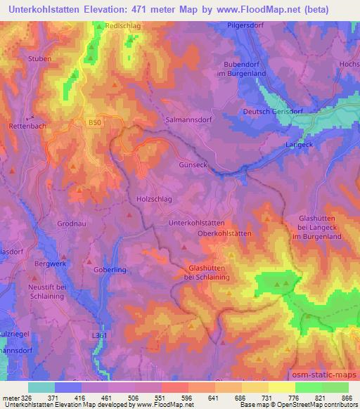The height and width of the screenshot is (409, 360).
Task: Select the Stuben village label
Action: tap(40, 59)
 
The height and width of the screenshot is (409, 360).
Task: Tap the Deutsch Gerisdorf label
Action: tap(272, 112)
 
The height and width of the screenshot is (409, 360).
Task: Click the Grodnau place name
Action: tap(72, 226)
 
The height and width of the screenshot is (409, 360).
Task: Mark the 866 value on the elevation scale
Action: tap(347, 397)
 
